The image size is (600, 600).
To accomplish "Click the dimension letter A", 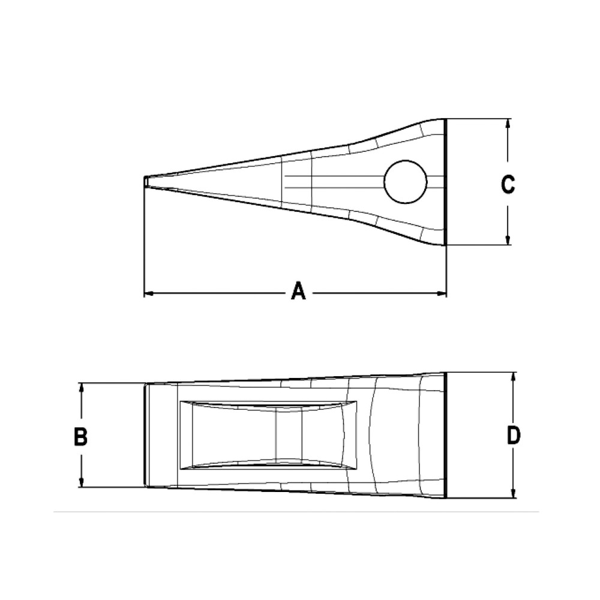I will point(298,293).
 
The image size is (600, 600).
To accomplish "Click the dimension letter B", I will point(80,436).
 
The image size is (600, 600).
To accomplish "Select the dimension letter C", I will point(508,185).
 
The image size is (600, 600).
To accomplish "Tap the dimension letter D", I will point(513,436).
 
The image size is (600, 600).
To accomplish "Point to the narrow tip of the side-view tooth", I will point(146,181).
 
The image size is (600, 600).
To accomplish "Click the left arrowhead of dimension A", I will point(149,293).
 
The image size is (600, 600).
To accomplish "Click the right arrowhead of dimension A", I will point(442,293).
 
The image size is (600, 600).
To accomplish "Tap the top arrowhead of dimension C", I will point(508,124).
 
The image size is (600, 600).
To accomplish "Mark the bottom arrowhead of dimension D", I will point(514,494).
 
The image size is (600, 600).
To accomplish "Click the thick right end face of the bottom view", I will point(445,435).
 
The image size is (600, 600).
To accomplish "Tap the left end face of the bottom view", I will point(146,435).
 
